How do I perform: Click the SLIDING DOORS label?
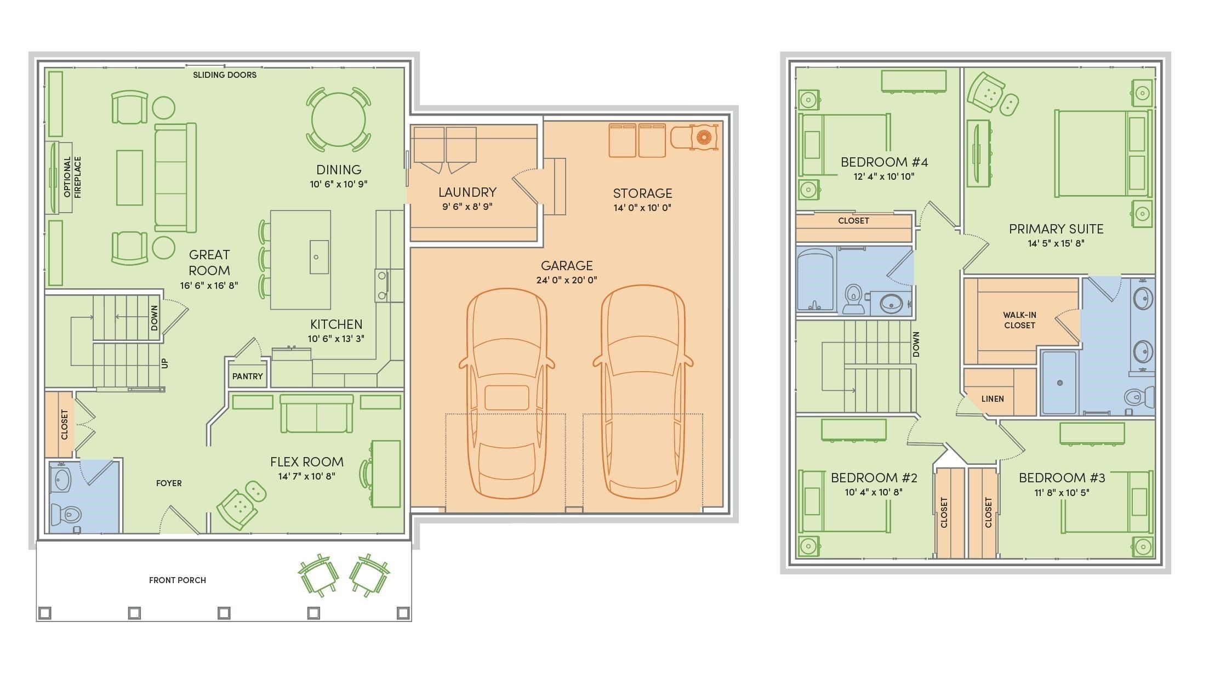click(x=225, y=75)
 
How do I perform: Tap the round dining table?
click(x=339, y=119)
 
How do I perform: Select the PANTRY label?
click(x=248, y=377)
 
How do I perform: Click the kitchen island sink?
click(x=319, y=257)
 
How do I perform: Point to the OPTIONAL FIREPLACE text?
click(x=72, y=177)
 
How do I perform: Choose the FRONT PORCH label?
click(x=178, y=580)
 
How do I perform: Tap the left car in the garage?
click(x=507, y=393)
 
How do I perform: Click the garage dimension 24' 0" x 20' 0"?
click(x=567, y=280)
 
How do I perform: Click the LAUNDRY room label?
click(x=467, y=192)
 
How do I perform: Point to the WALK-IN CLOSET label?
click(x=1019, y=320)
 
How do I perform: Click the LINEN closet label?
click(x=993, y=399)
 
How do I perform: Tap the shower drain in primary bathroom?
click(x=1060, y=383)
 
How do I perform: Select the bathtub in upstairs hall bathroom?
click(x=817, y=281)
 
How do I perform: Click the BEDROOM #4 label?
click(x=884, y=162)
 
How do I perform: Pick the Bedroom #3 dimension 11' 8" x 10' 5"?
click(x=1062, y=493)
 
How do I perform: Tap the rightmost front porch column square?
click(x=403, y=612)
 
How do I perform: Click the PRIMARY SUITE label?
click(x=1056, y=229)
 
